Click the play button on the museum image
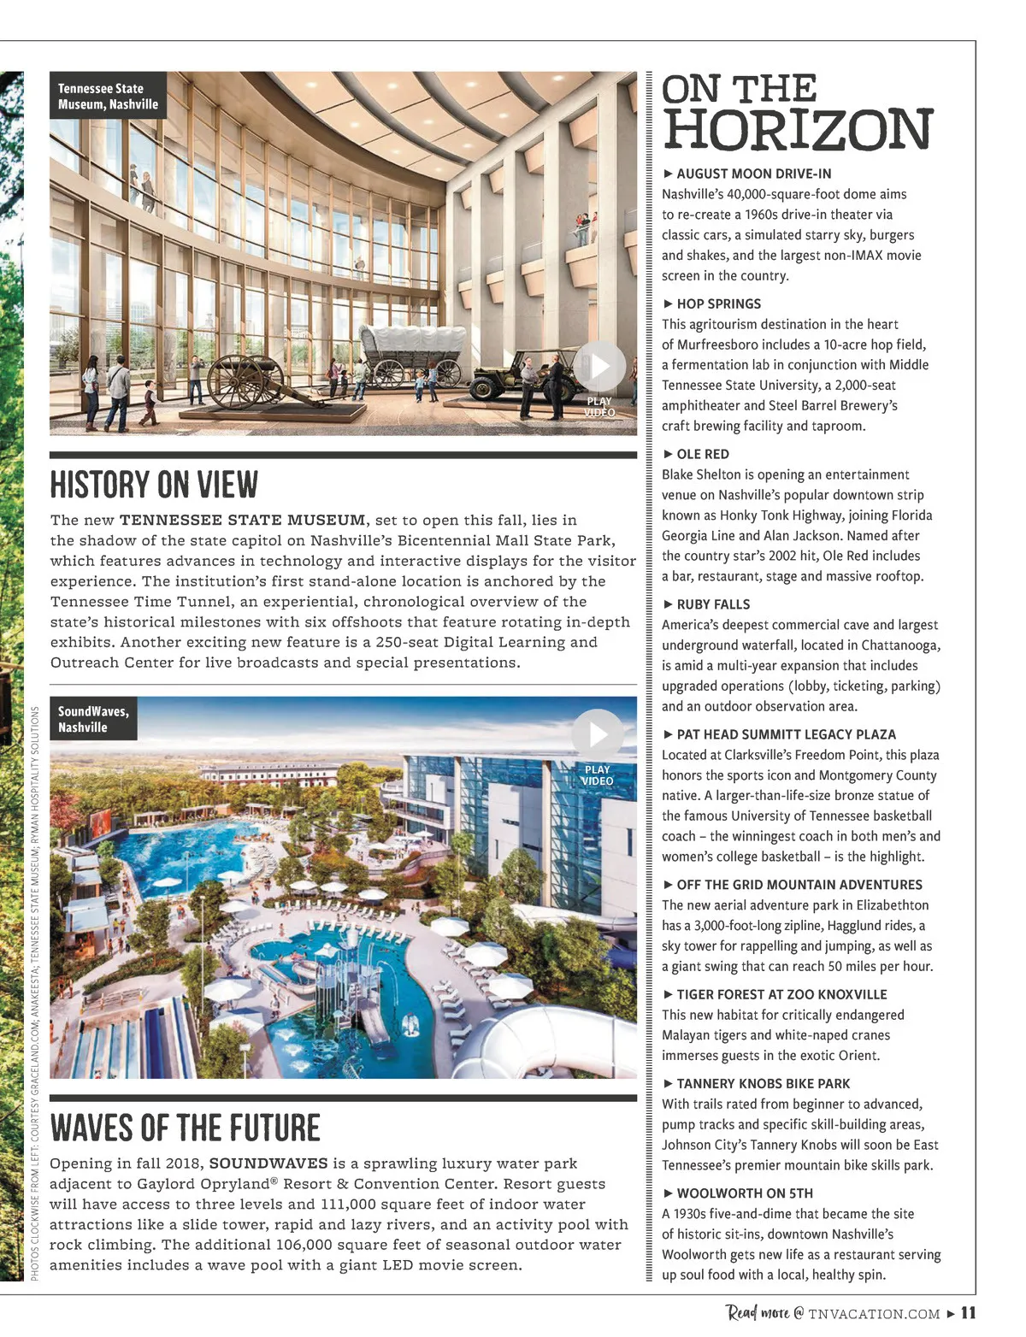(599, 366)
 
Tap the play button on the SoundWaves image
(597, 733)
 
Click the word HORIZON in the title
(797, 129)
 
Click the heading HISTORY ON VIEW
(154, 485)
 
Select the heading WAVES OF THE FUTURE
(185, 1128)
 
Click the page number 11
(968, 1313)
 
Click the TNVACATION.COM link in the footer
(874, 1314)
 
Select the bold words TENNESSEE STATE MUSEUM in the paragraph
(242, 520)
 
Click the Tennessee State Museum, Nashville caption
(108, 97)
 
